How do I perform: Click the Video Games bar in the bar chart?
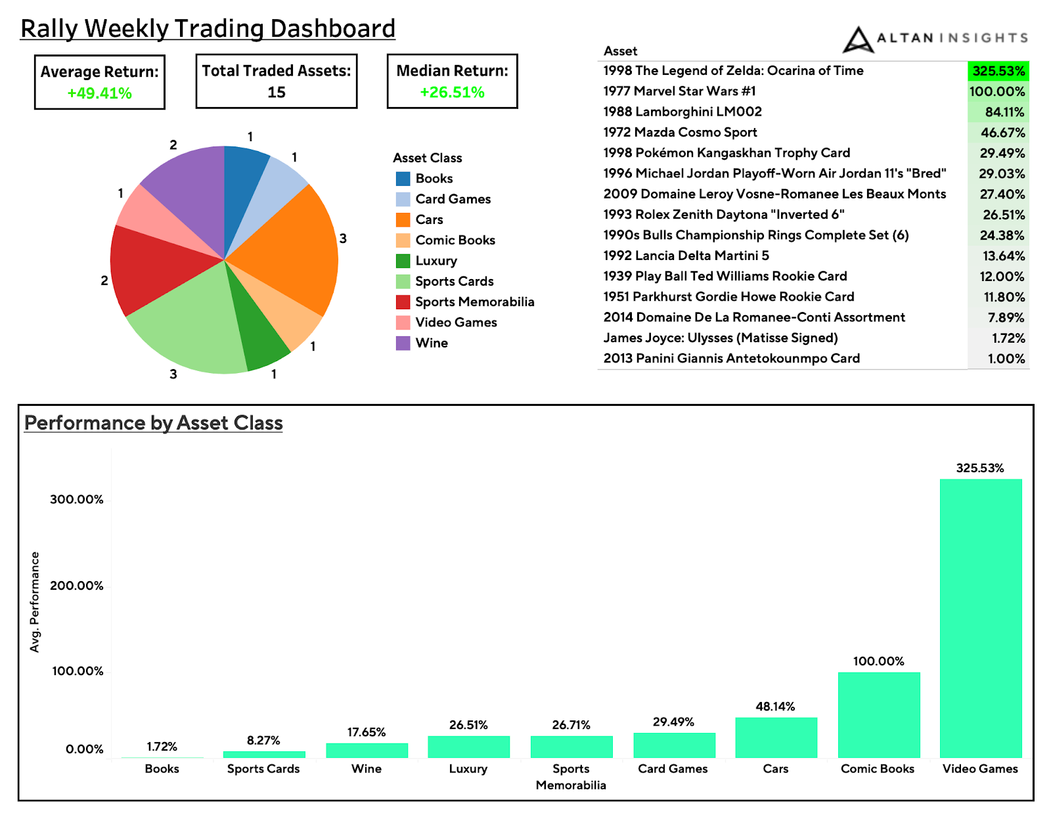[980, 617]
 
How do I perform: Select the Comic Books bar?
[878, 715]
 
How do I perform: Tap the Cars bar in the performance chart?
[776, 737]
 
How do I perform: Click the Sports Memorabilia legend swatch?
[403, 302]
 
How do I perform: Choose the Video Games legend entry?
[456, 322]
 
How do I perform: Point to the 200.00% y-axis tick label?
[77, 586]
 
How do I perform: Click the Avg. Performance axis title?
[35, 602]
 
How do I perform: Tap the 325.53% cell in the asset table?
[998, 71]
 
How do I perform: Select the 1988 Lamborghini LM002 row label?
[682, 112]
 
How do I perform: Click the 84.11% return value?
[1004, 112]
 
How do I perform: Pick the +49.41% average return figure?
[99, 93]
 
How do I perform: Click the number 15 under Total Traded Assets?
[277, 93]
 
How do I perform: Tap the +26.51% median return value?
[452, 93]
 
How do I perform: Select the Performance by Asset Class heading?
[154, 423]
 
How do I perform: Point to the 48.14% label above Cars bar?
[775, 707]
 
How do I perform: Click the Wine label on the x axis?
[366, 769]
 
